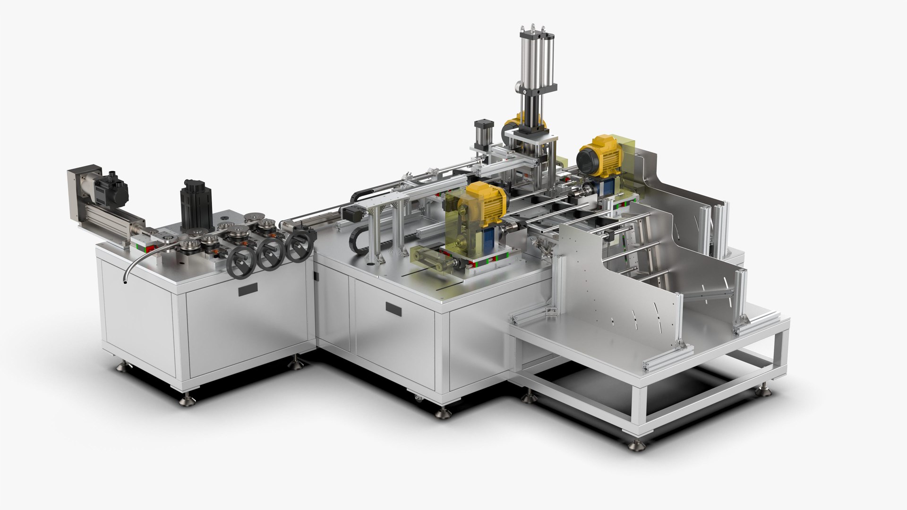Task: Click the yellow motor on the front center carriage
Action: pyautogui.click(x=484, y=203)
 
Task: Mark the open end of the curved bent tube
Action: pyautogui.click(x=124, y=282)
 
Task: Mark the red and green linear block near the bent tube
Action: pyautogui.click(x=144, y=246)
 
